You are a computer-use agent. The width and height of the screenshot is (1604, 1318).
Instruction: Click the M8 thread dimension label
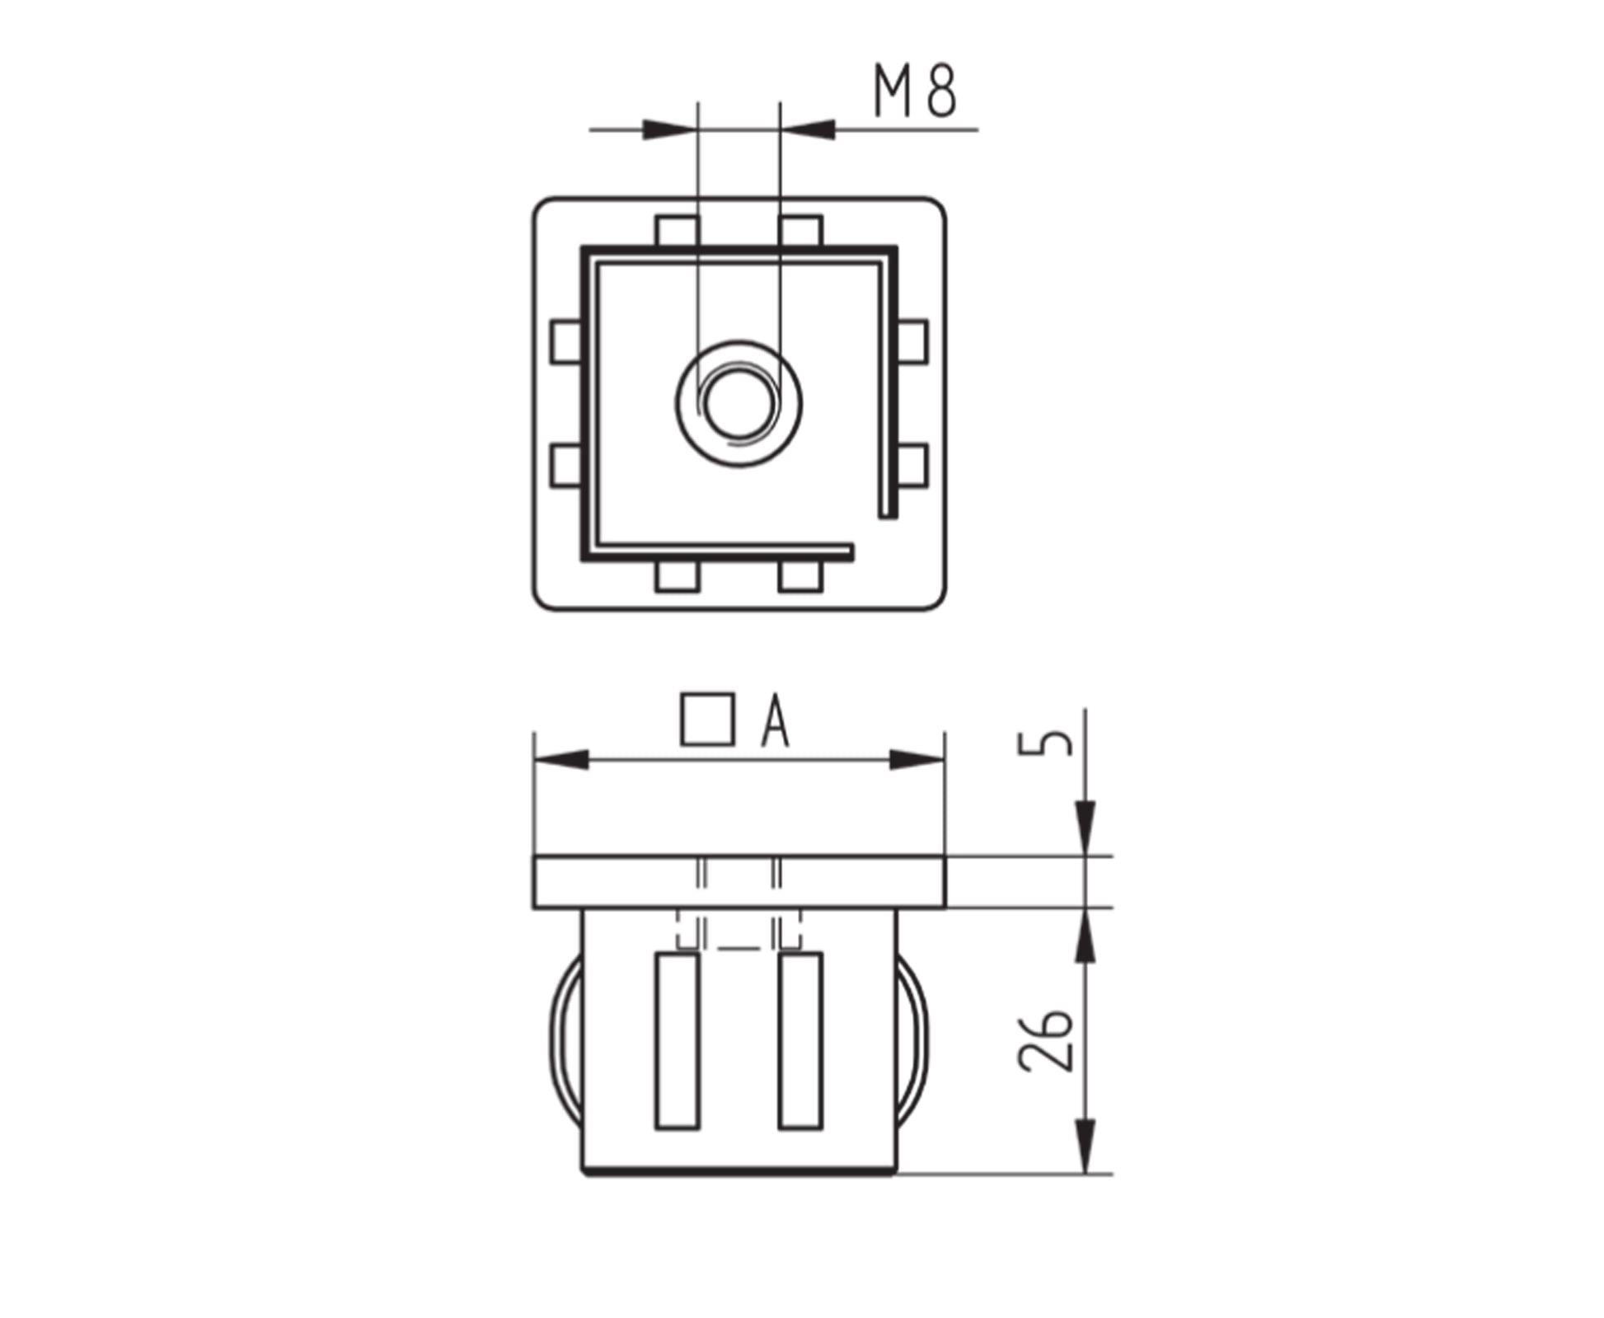pos(914,91)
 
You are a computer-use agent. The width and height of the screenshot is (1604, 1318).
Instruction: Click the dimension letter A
pos(775,720)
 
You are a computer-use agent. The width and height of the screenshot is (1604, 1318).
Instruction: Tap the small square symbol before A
pos(707,720)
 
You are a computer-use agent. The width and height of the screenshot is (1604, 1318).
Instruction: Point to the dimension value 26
pos(1046,1039)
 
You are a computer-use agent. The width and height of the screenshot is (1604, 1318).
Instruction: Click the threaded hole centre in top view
pos(739,403)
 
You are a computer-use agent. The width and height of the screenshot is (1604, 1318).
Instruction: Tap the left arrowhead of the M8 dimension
pos(670,129)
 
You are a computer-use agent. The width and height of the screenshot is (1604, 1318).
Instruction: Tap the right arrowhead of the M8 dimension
pos(808,129)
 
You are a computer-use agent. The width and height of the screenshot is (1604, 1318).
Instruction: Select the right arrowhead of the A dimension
pos(917,760)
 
